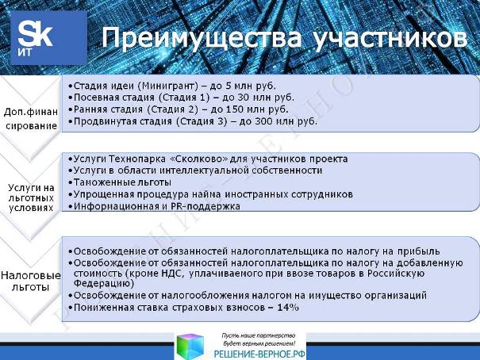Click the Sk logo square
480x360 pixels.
point(48,38)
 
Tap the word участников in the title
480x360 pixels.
point(390,39)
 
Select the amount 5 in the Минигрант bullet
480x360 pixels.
point(228,86)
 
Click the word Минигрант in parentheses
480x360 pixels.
point(167,86)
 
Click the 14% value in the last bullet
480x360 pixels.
point(288,308)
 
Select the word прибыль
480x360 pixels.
point(418,251)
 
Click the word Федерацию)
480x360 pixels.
point(104,283)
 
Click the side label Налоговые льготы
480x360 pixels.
point(31,281)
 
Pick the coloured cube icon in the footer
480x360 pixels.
point(190,347)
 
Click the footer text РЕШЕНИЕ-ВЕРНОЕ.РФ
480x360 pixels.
point(259,354)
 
